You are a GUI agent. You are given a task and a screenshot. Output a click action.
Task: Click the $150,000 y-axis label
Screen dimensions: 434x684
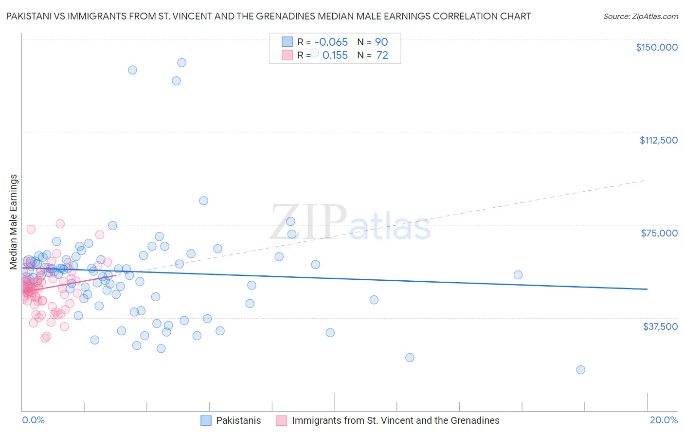click(x=656, y=47)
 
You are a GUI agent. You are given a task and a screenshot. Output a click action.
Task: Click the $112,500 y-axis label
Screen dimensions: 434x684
click(x=658, y=140)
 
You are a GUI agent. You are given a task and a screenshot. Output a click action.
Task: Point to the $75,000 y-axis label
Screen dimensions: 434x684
click(x=659, y=233)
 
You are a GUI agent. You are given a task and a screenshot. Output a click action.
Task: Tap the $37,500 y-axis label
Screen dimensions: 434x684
click(x=660, y=326)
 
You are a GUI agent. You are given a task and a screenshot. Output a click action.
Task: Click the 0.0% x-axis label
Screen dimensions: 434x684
click(x=33, y=420)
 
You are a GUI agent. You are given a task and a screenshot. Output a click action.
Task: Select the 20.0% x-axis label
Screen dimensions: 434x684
click(x=664, y=420)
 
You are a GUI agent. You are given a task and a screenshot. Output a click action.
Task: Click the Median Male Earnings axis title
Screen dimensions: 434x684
click(x=14, y=221)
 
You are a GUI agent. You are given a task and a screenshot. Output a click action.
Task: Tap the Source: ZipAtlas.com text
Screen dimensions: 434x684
click(x=640, y=16)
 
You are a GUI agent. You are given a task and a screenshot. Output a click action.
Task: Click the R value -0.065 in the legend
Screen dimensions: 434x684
click(x=331, y=42)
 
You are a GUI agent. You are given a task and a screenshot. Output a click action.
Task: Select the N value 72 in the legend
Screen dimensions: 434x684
click(x=382, y=55)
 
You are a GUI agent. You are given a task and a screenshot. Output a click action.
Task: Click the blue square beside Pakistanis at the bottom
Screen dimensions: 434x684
click(x=206, y=420)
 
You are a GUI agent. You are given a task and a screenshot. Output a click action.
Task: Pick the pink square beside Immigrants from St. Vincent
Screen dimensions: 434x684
click(x=282, y=420)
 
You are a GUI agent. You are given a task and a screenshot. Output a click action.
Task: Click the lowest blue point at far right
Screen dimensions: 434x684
click(x=580, y=370)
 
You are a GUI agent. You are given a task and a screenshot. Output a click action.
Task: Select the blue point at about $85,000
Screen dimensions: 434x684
click(x=204, y=201)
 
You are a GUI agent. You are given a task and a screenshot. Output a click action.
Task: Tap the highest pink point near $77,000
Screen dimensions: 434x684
click(x=60, y=224)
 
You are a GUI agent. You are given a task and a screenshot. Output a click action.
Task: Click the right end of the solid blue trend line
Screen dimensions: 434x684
click(x=647, y=289)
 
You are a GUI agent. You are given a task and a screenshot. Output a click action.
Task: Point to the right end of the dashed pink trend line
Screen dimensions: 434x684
click(x=645, y=181)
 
